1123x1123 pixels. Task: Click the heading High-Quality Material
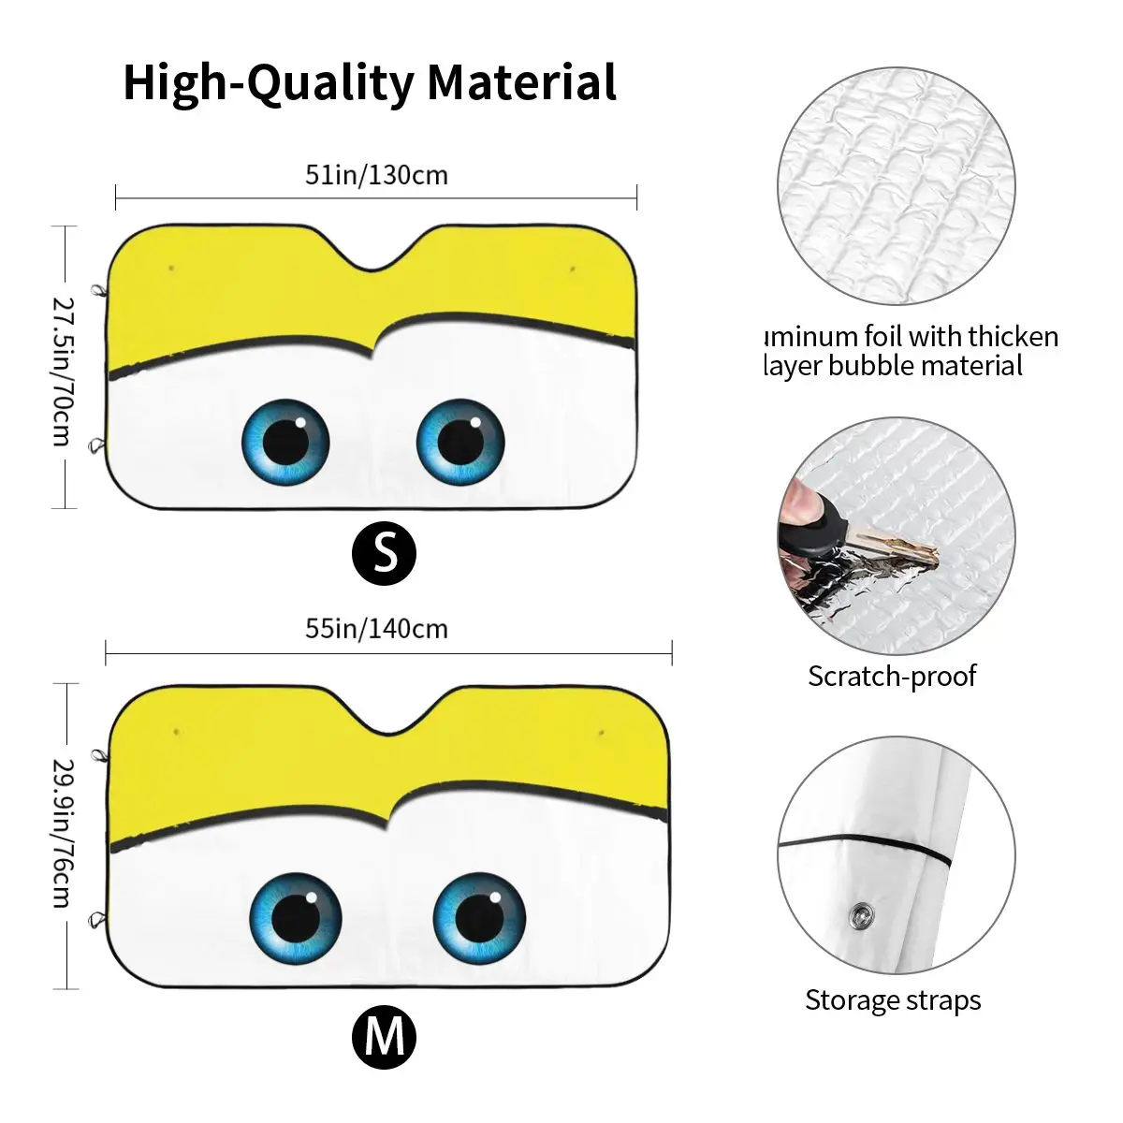[370, 82]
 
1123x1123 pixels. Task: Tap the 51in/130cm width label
[376, 175]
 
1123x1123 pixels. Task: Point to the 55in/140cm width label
[376, 628]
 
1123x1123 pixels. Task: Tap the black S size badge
[384, 553]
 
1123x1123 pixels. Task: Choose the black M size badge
[384, 1037]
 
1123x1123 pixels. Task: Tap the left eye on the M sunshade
[297, 917]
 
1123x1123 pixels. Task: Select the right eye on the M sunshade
[479, 917]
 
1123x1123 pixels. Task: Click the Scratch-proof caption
[892, 676]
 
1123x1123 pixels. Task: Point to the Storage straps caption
[893, 999]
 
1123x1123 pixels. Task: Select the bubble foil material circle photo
[897, 185]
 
